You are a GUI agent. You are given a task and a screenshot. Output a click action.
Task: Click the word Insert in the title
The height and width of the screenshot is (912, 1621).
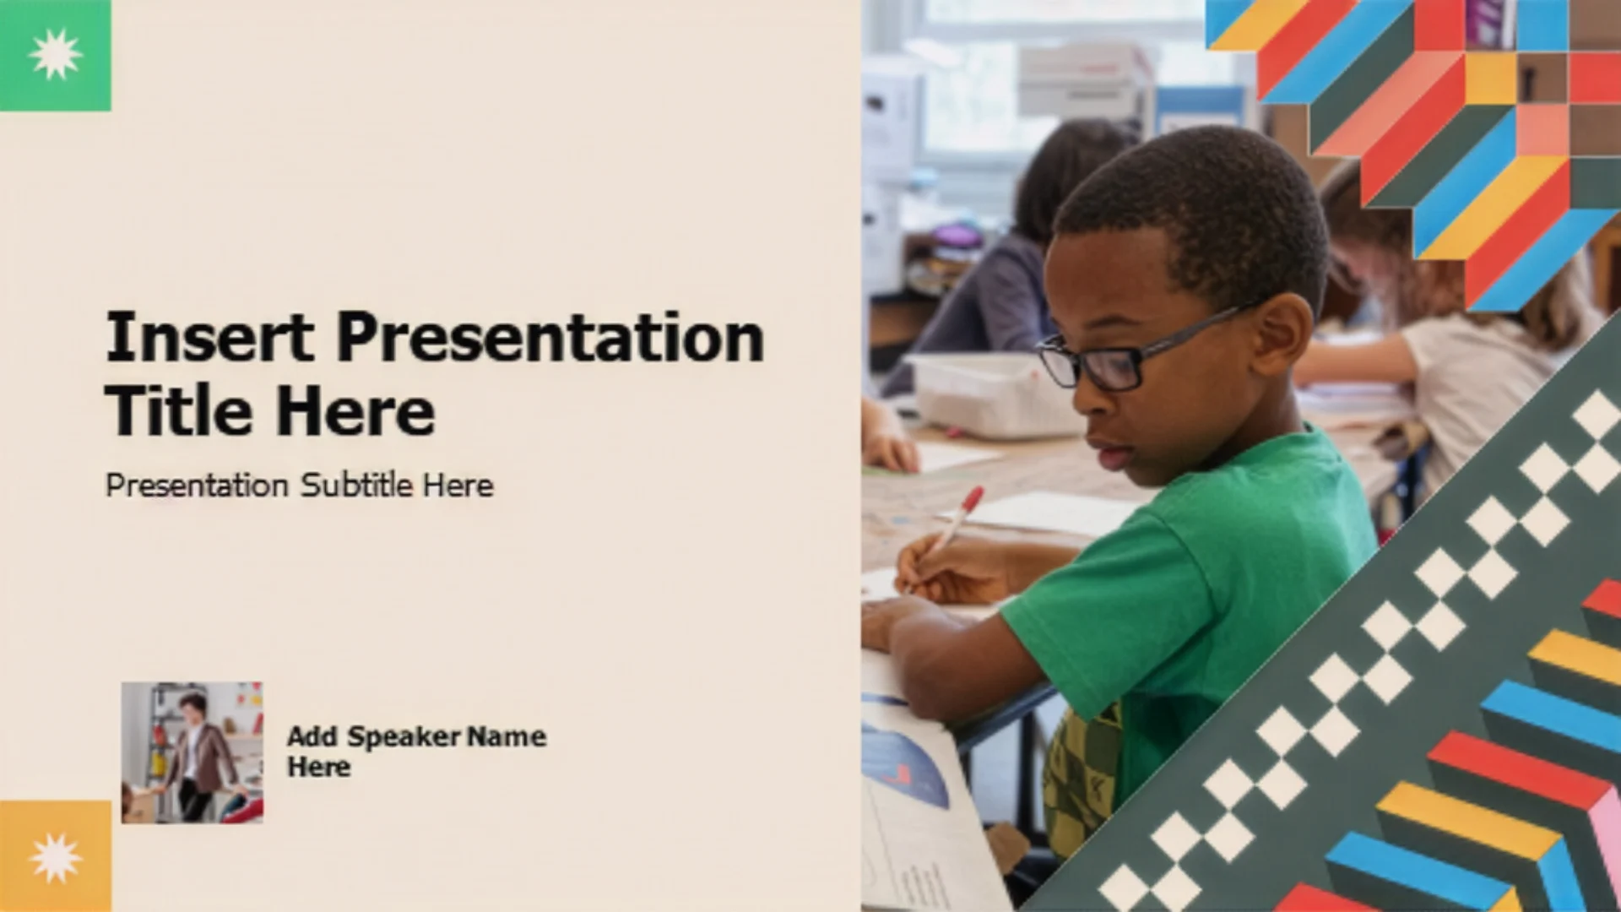pos(210,337)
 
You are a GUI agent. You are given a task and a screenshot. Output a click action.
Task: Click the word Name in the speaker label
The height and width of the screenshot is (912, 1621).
pos(507,736)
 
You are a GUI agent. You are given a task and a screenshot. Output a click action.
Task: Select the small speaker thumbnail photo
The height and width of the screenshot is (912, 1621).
pos(192,752)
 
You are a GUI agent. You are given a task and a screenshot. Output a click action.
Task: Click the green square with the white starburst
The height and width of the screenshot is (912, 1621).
pos(56,56)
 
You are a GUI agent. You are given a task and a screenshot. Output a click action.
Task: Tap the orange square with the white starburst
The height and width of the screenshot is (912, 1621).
pos(56,856)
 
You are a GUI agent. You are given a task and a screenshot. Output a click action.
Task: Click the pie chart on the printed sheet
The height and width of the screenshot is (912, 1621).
pos(903,764)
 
